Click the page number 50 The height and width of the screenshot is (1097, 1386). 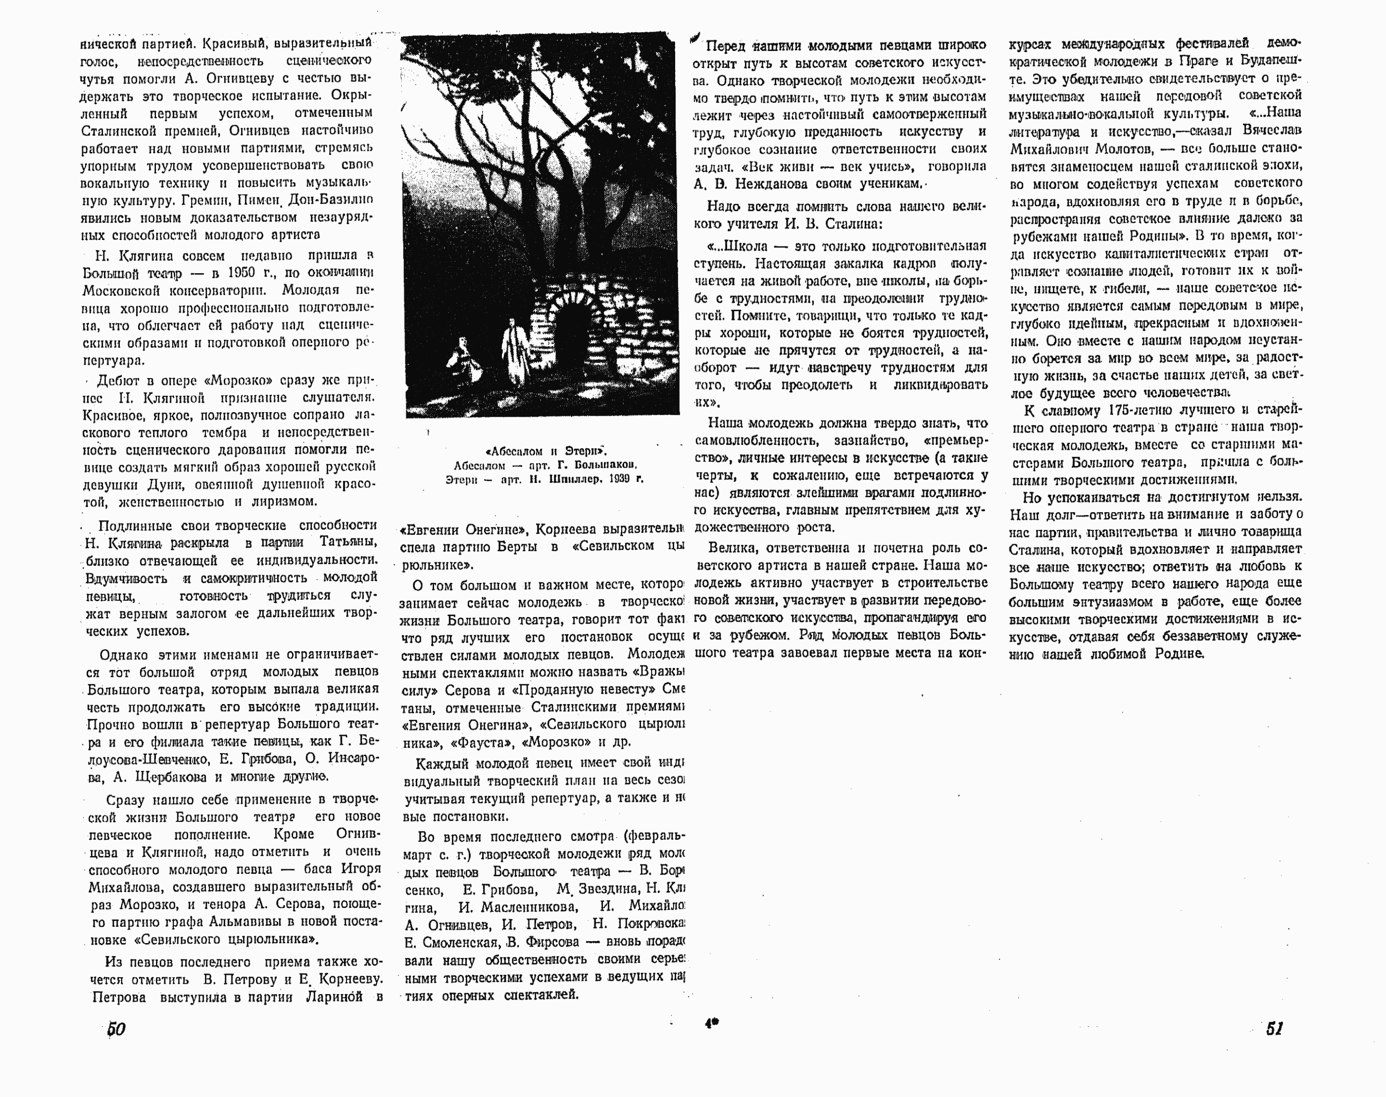point(116,1029)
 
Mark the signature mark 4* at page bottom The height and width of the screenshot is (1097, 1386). point(711,1024)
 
